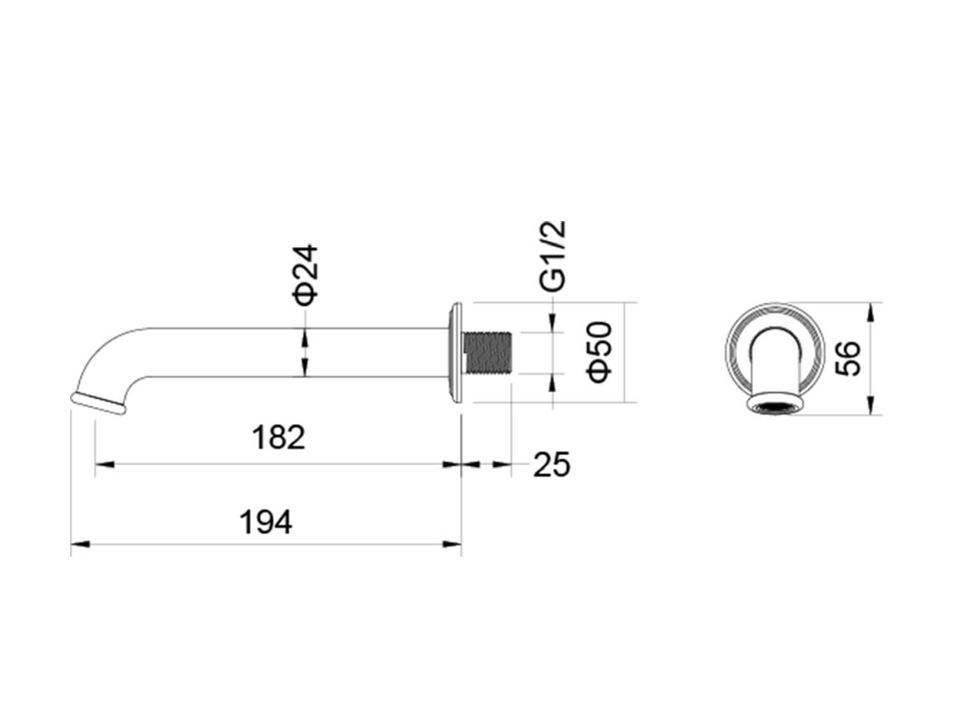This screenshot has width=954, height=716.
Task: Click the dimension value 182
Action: pos(278,438)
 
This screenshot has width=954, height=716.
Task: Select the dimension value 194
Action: pos(266,522)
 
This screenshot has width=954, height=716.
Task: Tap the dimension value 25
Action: pos(552,465)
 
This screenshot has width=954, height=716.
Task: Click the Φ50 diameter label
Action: pos(600,352)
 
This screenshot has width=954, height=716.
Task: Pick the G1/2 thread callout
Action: pos(553,255)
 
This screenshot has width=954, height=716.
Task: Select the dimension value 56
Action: pos(847,359)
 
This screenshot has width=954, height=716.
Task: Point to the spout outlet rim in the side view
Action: pos(98,403)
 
